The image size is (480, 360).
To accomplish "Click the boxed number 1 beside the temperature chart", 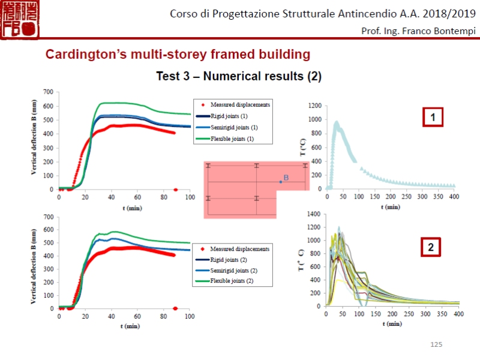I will [433, 117].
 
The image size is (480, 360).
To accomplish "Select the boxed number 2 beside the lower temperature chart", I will [430, 247].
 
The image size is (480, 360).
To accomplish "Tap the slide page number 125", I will [436, 344].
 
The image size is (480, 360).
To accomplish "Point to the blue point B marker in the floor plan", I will [280, 181].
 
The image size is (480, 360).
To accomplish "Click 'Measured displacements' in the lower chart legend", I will [240, 248].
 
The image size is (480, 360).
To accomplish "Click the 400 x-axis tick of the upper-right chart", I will [454, 197].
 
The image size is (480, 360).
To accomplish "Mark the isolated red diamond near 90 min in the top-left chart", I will [175, 190].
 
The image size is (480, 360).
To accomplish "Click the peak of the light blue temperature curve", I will [337, 122].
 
